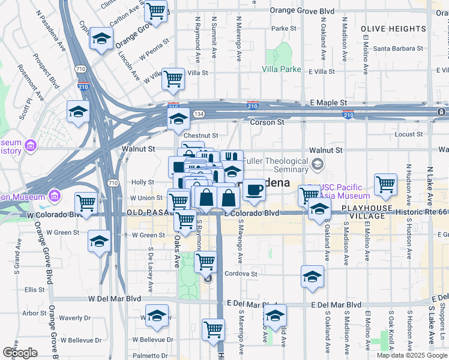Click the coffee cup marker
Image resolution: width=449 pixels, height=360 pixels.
(255, 190)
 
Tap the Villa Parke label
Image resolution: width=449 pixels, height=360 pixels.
(281, 69)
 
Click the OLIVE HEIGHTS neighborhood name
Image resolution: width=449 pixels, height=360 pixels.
(393, 29)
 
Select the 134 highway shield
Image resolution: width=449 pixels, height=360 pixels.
(199, 113)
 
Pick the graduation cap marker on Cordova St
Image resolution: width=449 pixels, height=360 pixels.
(312, 276)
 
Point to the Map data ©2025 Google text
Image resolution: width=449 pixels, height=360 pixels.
(412, 355)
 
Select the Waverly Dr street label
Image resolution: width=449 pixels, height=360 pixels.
(74, 318)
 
